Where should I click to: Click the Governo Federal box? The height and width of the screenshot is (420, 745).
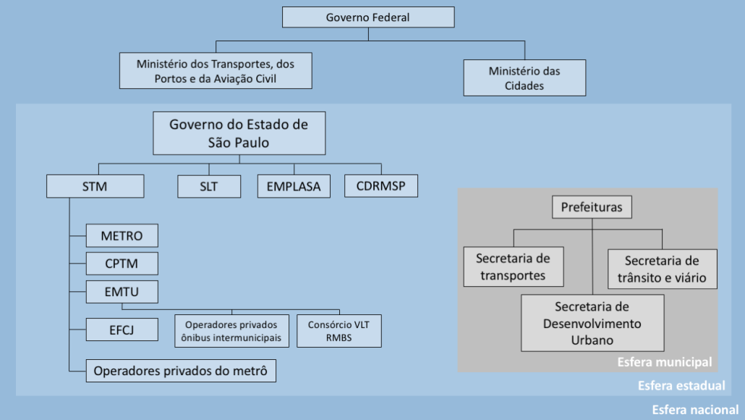[x=368, y=17]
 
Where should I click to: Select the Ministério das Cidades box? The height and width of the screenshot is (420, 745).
[x=524, y=78]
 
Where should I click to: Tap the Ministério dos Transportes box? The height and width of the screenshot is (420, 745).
[x=216, y=71]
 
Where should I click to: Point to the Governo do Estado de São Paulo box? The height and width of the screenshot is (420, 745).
[x=239, y=133]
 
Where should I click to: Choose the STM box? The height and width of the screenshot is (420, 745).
[x=95, y=186]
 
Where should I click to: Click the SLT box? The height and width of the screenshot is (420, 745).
[x=209, y=186]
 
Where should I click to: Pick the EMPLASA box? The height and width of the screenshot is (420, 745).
[x=294, y=186]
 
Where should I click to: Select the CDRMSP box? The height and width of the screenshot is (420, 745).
[x=381, y=186]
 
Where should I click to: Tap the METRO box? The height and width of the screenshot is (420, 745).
[x=122, y=235]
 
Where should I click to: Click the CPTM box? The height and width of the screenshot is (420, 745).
[x=122, y=264]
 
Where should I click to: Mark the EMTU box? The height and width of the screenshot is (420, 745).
[x=122, y=292]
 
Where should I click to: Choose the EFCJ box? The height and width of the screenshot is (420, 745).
[x=122, y=329]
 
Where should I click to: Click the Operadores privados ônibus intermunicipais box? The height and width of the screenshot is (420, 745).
[x=232, y=331]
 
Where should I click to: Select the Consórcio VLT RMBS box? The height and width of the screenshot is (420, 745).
[x=339, y=331]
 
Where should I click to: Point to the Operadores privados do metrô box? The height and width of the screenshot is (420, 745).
[x=181, y=371]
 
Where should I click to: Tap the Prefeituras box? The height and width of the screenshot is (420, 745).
[x=592, y=207]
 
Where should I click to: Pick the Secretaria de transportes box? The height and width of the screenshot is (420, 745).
[x=514, y=266]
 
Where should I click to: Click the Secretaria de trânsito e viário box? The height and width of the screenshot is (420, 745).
[x=663, y=269]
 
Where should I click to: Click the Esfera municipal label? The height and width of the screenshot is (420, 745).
[x=665, y=363]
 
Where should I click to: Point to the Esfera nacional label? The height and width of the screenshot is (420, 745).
[x=695, y=410]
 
